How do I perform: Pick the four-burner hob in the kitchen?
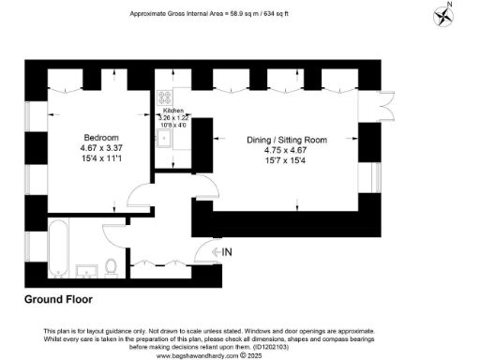coord(165,97)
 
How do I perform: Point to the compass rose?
coord(443,16)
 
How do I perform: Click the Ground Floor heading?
coord(58,300)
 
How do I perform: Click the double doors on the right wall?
coord(385,105)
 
